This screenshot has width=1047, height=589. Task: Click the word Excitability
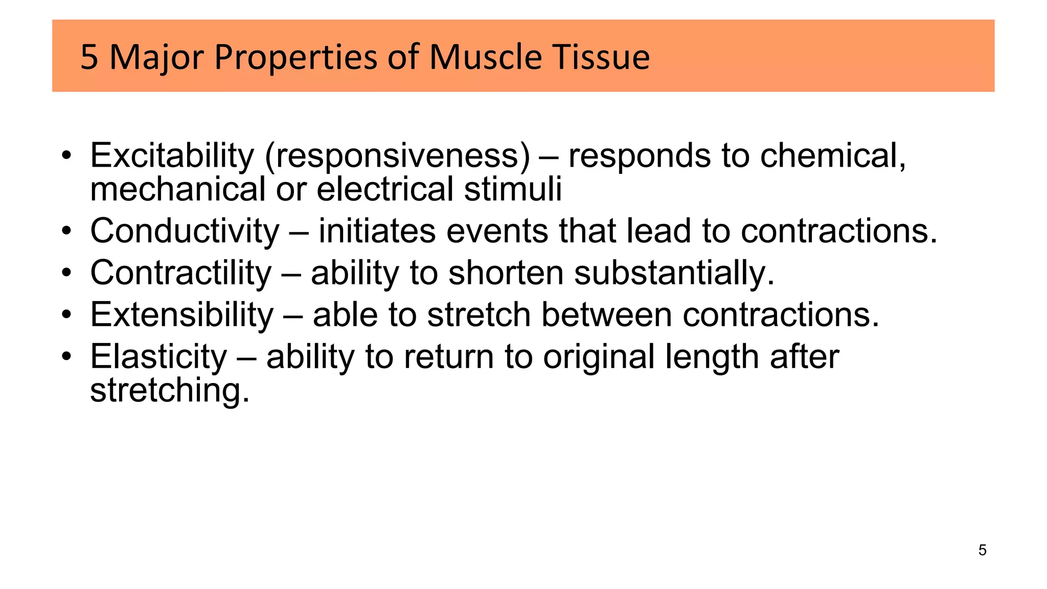[x=172, y=155]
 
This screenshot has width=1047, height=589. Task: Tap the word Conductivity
[x=185, y=231]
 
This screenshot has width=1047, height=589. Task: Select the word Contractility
[x=180, y=273]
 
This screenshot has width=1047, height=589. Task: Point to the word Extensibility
[x=181, y=315]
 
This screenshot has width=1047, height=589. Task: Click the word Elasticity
[x=158, y=357]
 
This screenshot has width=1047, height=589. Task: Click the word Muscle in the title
[x=486, y=57]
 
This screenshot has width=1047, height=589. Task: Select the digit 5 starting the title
[x=89, y=57]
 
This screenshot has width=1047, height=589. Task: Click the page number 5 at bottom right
[x=982, y=550]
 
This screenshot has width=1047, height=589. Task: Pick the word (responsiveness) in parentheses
[x=397, y=155]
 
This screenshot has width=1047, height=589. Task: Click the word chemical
[x=833, y=155]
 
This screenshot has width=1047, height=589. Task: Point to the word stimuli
[x=513, y=189]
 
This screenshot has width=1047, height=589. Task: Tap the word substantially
[x=674, y=273]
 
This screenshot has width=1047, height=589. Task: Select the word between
[x=606, y=315]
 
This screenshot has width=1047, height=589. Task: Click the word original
[x=599, y=357]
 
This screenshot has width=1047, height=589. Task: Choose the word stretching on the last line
[x=170, y=391]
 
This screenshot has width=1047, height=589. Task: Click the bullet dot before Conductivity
[x=66, y=232]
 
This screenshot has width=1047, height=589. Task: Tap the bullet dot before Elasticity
[x=66, y=357]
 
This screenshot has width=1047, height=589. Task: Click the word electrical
[x=385, y=189]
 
